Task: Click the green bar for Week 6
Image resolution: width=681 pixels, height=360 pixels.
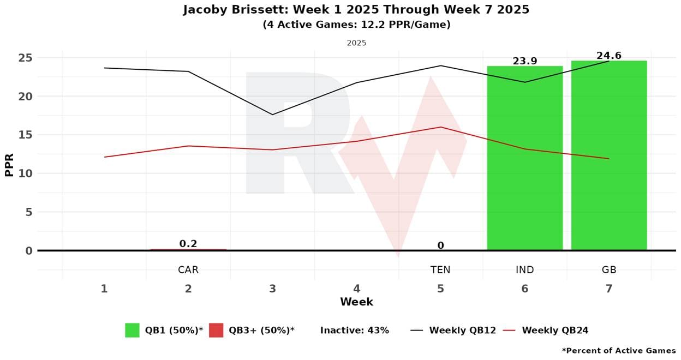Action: click(524, 158)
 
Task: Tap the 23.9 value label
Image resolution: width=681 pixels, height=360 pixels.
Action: click(524, 61)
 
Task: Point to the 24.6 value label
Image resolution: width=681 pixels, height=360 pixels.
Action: click(608, 56)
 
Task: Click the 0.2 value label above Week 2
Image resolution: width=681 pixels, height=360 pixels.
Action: click(188, 244)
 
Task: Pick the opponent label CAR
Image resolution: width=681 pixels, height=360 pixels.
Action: click(188, 269)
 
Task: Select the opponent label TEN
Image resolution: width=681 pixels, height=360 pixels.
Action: click(440, 269)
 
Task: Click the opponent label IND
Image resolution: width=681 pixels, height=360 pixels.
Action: click(524, 269)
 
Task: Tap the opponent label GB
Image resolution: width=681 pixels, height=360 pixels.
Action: click(608, 269)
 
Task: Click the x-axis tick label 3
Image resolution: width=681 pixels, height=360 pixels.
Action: click(272, 289)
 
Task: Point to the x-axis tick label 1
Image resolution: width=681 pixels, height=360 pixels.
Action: click(104, 289)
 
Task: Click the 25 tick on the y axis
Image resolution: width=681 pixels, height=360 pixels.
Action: click(26, 58)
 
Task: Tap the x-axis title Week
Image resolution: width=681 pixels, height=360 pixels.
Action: click(356, 302)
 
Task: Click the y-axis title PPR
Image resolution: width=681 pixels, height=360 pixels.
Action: click(9, 164)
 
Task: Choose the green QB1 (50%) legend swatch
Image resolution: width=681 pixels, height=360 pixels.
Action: click(132, 330)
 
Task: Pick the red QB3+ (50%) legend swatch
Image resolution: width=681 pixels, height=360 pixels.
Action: click(216, 330)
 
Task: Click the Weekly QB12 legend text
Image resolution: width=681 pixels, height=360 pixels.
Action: click(462, 330)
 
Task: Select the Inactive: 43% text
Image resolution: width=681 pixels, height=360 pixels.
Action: click(354, 330)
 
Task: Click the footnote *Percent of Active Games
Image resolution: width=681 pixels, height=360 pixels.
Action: click(618, 350)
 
